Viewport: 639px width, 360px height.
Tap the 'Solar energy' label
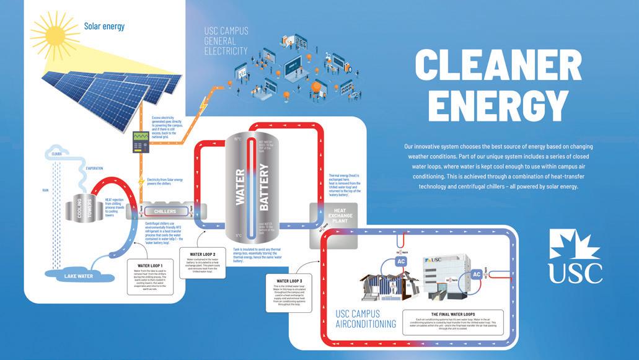105,26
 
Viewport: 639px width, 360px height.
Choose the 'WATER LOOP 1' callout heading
148,265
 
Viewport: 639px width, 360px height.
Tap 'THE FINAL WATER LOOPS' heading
443,314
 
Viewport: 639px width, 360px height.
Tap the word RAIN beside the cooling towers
45,190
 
